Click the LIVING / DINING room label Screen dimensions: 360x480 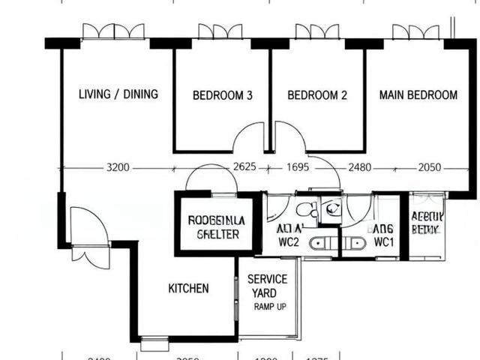pyautogui.click(x=118, y=94)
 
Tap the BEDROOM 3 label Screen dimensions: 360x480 pyautogui.click(x=222, y=95)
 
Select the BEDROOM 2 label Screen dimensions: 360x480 pyautogui.click(x=317, y=95)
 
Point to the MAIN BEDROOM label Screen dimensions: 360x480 pyautogui.click(x=418, y=95)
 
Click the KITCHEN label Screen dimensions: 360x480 pyautogui.click(x=188, y=289)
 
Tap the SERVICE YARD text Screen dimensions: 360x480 pyautogui.click(x=267, y=286)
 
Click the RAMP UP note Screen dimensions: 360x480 pyautogui.click(x=269, y=307)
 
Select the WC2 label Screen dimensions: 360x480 pyautogui.click(x=289, y=242)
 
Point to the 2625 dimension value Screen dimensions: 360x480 pyautogui.click(x=244, y=167)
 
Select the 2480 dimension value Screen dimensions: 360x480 pyautogui.click(x=360, y=168)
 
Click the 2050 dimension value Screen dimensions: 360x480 pyautogui.click(x=429, y=168)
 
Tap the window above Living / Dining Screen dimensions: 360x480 pyautogui.click(x=113, y=31)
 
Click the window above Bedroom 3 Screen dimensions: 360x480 pyautogui.click(x=220, y=31)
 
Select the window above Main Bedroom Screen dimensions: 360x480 pyautogui.click(x=415, y=31)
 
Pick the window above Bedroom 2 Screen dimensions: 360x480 pyautogui.click(x=317, y=31)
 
